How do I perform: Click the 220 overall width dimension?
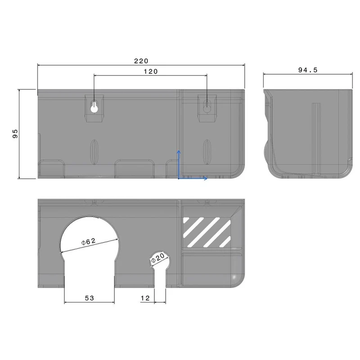[x=141, y=61]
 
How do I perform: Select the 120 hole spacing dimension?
[x=151, y=72]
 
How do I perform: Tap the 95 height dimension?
[x=15, y=134]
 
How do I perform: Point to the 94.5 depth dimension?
[x=308, y=70]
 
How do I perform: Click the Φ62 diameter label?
[x=88, y=242]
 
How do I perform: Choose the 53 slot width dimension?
[x=89, y=298]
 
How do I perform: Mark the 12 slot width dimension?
[x=145, y=298]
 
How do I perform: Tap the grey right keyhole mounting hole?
[x=207, y=106]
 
